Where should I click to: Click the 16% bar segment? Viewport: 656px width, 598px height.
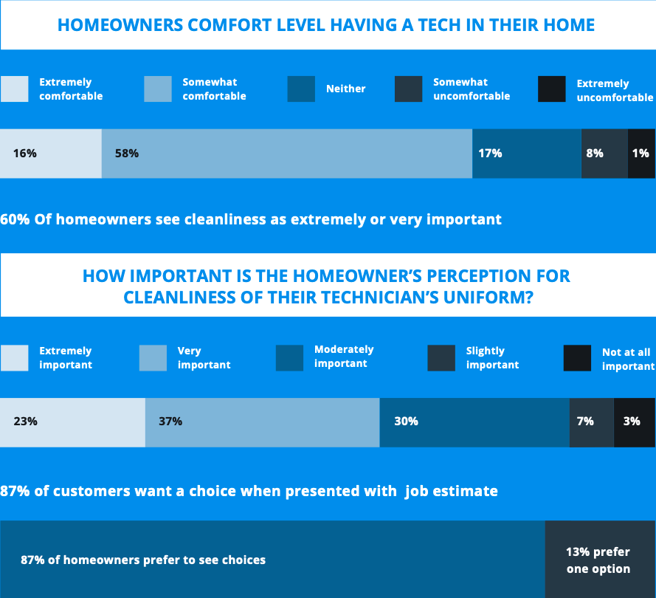click(51, 154)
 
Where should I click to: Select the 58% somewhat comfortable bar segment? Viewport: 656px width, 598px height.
click(287, 154)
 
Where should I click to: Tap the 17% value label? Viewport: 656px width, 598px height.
click(490, 153)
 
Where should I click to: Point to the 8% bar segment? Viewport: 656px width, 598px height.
click(604, 154)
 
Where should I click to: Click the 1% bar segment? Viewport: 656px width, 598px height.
click(642, 154)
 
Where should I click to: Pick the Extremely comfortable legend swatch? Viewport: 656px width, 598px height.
click(15, 89)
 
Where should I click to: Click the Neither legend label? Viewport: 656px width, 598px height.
click(345, 89)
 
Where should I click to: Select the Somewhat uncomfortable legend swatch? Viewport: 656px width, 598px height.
click(408, 89)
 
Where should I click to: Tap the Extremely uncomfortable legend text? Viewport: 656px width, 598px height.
click(615, 90)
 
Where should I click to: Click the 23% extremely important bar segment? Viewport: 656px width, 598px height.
click(73, 422)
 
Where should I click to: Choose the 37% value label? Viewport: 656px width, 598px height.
click(170, 421)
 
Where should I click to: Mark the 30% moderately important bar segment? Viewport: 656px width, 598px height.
click(474, 422)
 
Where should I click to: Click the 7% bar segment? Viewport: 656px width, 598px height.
click(592, 422)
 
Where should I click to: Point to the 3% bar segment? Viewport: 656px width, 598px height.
click(635, 422)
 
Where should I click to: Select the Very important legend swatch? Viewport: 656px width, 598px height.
click(153, 358)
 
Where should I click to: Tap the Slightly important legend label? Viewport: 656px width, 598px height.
click(492, 358)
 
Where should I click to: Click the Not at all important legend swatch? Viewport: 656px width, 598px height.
click(577, 358)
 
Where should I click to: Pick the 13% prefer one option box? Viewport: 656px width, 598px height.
click(601, 559)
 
